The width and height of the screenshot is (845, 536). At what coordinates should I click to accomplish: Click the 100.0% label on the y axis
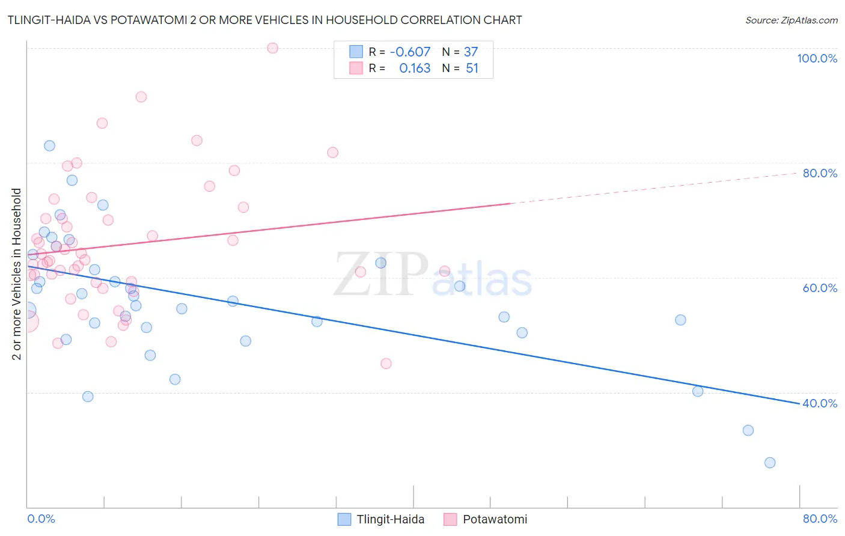click(x=817, y=58)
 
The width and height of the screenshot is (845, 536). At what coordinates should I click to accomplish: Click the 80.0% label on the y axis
click(x=820, y=173)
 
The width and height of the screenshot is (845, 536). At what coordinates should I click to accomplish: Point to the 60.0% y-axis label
click(x=820, y=288)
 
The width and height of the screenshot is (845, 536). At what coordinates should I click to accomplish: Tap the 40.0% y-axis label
click(x=820, y=403)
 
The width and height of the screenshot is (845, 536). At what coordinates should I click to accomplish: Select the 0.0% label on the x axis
click(x=41, y=519)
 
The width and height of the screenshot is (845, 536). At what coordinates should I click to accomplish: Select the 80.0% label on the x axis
click(x=820, y=519)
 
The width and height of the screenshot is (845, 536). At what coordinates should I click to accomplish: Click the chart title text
click(x=264, y=20)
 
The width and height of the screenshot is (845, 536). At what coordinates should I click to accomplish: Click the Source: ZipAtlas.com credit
click(x=791, y=20)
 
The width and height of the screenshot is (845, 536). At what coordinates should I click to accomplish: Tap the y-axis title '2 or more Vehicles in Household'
click(x=16, y=274)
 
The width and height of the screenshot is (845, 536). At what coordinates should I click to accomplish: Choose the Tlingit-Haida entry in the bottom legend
click(x=381, y=519)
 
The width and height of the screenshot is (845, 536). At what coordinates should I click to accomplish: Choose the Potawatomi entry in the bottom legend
click(x=486, y=519)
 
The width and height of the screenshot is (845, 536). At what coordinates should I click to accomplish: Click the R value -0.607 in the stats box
click(x=410, y=52)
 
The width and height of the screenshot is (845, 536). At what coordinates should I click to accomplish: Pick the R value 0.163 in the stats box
click(x=415, y=69)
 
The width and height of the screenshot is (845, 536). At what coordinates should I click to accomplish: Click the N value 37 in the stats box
click(x=471, y=52)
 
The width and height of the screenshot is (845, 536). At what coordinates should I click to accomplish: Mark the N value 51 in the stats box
click(x=472, y=69)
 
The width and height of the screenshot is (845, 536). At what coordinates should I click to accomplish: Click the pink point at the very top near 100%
click(x=272, y=48)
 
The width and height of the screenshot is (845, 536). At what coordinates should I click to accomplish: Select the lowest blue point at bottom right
click(x=770, y=463)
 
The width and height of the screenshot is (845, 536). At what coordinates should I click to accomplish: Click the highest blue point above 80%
click(x=49, y=145)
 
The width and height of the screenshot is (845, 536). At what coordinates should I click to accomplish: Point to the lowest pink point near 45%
click(x=386, y=364)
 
